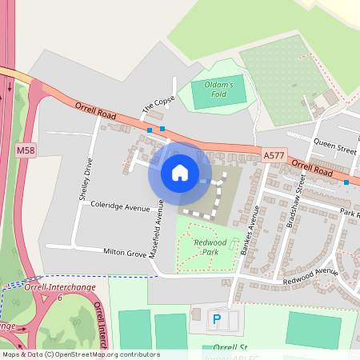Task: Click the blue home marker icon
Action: pos(180,173)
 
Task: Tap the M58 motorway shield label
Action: pos(26,150)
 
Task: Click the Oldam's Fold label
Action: pos(218,90)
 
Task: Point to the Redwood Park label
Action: pos(210,246)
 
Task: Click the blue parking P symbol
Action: pos(216,320)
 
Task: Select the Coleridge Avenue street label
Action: pos(119,207)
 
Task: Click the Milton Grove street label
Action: pos(126,252)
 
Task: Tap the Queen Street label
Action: pos(334,147)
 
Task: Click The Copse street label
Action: pos(158,104)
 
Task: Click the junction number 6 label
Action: pos(59,297)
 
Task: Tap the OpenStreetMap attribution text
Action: pos(81,354)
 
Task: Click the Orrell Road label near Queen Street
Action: pos(312,170)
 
